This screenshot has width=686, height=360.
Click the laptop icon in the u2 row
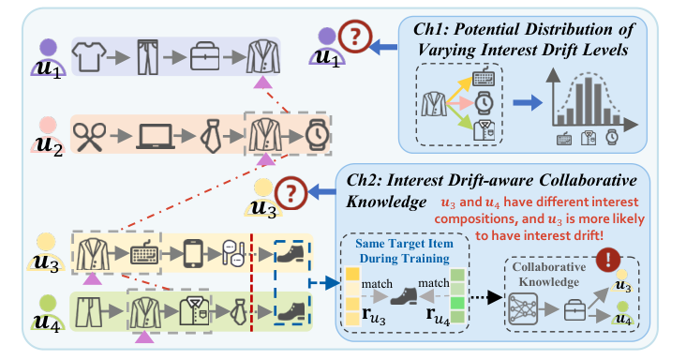tap(152, 136)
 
